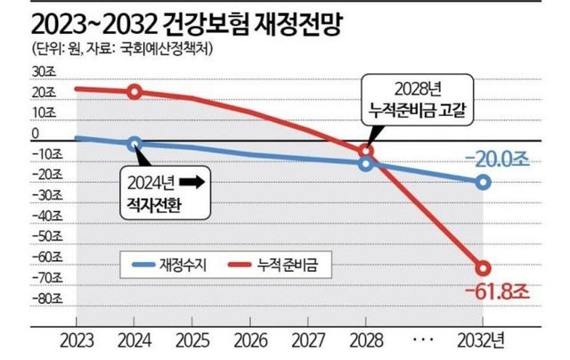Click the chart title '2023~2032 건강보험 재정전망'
(x=177, y=20)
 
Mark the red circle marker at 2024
(x=134, y=92)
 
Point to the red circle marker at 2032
(x=483, y=268)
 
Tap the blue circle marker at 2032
(x=483, y=182)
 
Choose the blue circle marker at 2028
(x=366, y=164)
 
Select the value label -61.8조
(x=494, y=293)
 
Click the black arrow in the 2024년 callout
(x=191, y=181)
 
